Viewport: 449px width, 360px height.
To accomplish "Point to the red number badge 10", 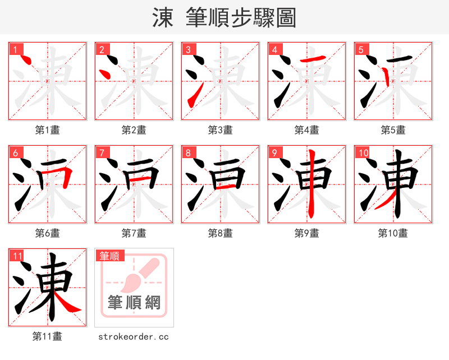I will (x=363, y=153).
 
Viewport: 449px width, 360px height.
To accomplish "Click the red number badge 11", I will (x=17, y=256).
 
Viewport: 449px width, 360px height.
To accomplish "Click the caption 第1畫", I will (x=48, y=130).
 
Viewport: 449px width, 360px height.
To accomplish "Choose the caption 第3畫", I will (x=221, y=130).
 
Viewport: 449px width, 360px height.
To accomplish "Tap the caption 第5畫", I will (x=393, y=130).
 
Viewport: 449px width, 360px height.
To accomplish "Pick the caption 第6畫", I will (x=48, y=233).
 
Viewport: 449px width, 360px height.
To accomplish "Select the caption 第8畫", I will (x=221, y=233).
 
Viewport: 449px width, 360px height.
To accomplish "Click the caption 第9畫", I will (x=307, y=233).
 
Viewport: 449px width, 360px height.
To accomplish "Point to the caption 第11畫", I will (x=48, y=336).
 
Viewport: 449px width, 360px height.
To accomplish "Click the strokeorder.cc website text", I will (x=134, y=337).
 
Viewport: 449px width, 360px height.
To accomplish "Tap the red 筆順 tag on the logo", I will (x=110, y=256).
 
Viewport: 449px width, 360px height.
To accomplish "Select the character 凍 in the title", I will (x=163, y=18).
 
